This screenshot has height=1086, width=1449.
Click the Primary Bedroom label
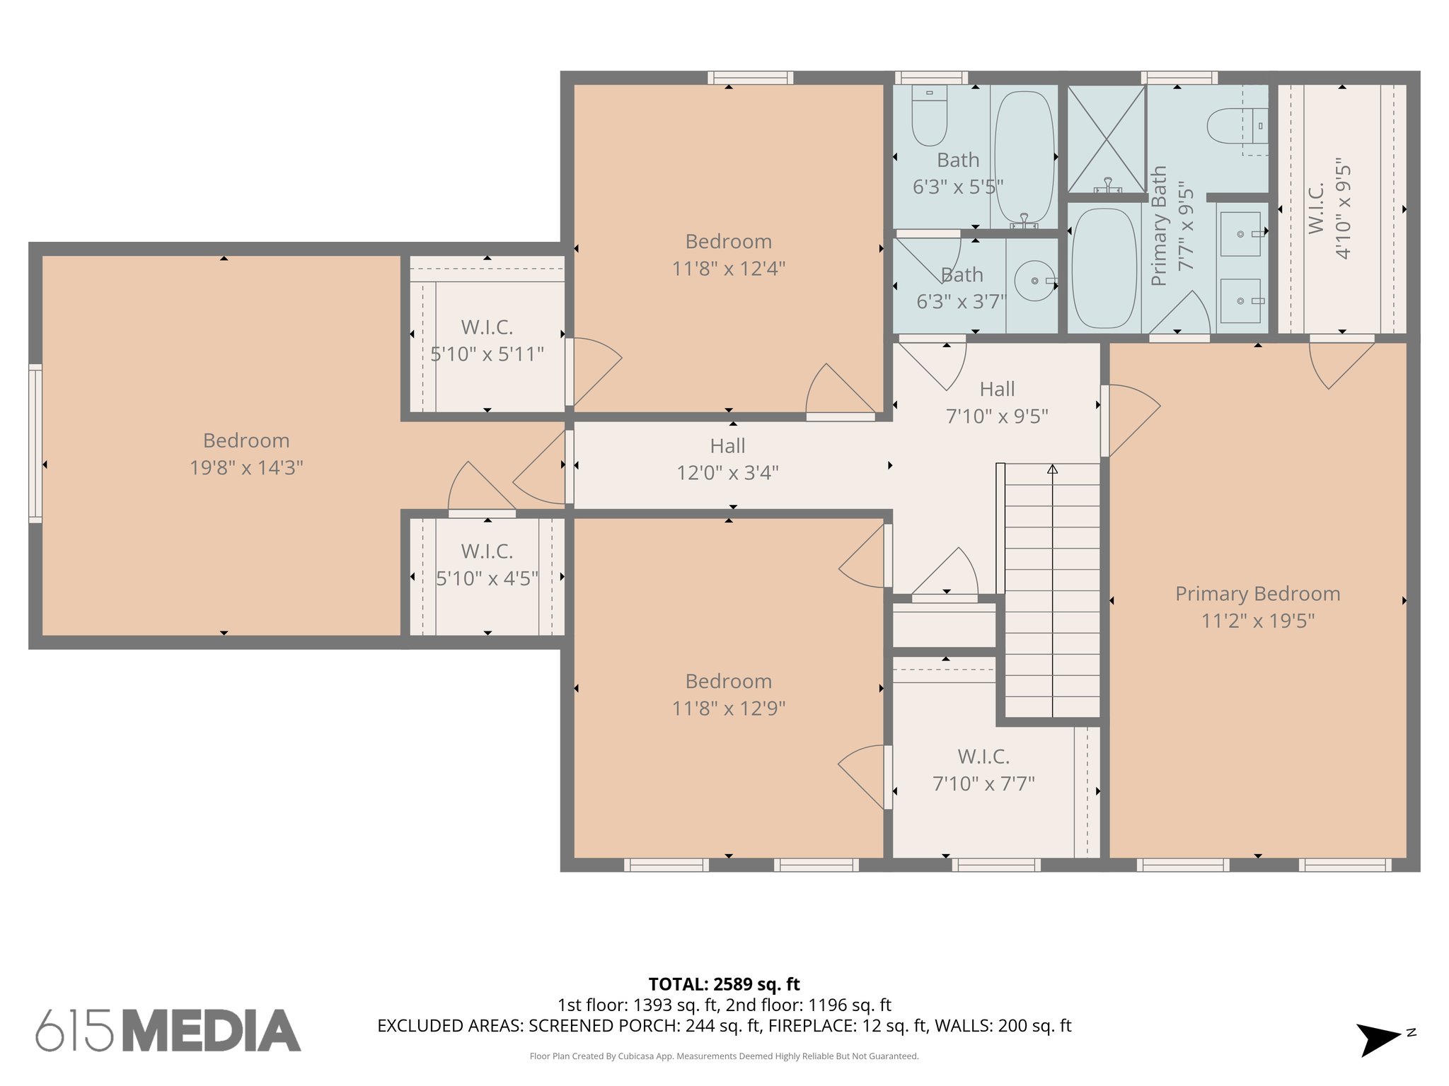coord(1257,594)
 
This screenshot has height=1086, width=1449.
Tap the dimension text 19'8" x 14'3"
coord(246,468)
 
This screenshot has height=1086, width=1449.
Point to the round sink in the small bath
coord(1034,281)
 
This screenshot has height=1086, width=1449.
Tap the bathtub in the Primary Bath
coord(1104,268)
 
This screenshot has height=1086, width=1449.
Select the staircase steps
coord(1052,590)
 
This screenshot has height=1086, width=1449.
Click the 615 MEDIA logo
coord(168,1030)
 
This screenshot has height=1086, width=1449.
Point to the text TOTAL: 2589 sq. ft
coord(724,984)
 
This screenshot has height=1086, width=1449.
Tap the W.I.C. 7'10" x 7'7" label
coord(983,770)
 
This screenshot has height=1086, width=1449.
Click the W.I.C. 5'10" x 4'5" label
coord(487,565)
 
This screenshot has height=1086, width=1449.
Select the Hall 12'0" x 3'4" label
coord(727,460)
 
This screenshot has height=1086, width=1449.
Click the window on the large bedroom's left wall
coord(35,443)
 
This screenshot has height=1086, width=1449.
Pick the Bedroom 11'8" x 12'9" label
coord(728,694)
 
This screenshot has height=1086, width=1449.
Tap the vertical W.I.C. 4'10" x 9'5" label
coord(1329,210)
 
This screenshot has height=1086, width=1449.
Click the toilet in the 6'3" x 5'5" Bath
coord(929,117)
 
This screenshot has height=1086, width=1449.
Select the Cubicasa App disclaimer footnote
coord(724,1056)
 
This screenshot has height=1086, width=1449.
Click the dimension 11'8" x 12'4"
coord(728,269)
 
